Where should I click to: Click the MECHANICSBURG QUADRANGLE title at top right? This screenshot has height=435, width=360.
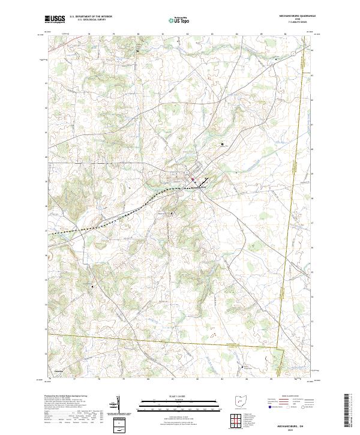click(292, 16)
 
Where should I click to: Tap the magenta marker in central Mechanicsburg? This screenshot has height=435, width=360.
click(193, 179)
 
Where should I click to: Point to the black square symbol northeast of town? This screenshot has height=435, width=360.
click(223, 144)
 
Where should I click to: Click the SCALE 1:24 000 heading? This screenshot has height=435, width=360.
click(179, 396)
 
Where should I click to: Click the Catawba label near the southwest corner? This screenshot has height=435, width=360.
click(58, 371)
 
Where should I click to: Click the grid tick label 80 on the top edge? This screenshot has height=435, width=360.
click(138, 34)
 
